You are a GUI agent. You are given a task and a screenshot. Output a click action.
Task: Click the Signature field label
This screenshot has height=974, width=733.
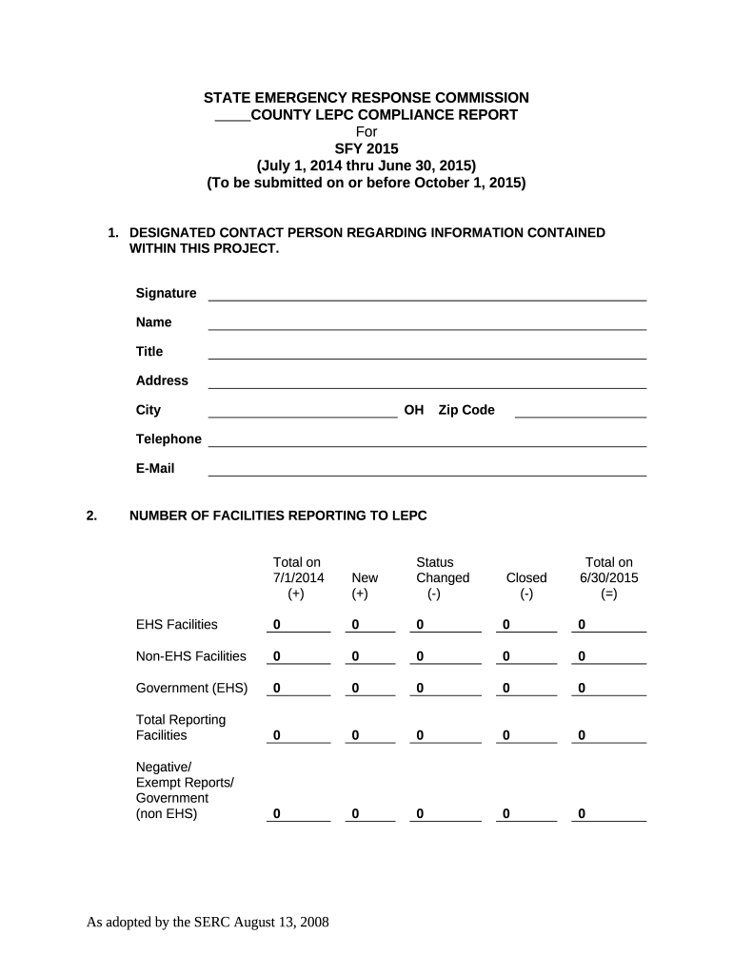click(x=166, y=293)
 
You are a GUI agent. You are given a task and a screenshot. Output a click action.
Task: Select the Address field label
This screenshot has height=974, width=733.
click(x=162, y=380)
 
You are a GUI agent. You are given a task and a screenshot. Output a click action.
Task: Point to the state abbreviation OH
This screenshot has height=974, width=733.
click(x=413, y=410)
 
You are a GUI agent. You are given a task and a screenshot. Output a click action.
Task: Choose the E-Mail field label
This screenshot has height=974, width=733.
click(x=155, y=468)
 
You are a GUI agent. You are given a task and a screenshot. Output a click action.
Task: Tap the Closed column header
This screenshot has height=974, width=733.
click(x=526, y=577)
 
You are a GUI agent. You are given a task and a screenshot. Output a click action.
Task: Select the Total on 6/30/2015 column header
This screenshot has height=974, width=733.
click(x=608, y=577)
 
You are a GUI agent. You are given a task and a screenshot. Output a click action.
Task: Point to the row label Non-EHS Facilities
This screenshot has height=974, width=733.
click(x=191, y=656)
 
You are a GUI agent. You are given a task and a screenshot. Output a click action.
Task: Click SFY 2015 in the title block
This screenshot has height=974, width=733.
click(x=366, y=147)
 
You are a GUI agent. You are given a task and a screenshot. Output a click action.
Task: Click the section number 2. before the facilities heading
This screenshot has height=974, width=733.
click(x=91, y=516)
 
